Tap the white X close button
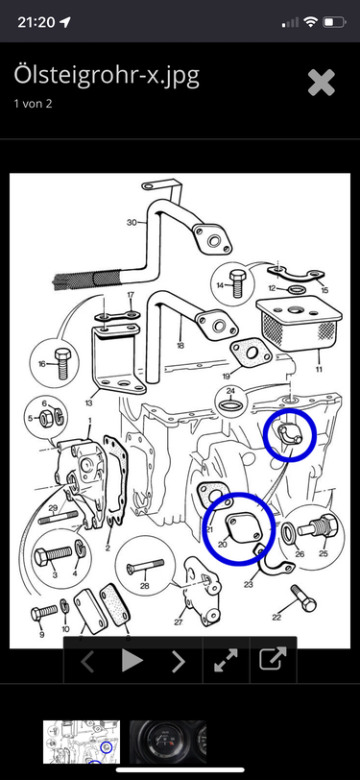(x=322, y=83)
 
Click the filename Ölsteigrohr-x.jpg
(x=107, y=76)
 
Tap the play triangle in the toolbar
(x=132, y=661)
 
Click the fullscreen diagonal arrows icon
(x=226, y=661)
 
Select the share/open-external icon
(x=273, y=659)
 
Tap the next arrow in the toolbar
(x=178, y=661)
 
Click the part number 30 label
(x=132, y=222)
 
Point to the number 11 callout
(x=318, y=369)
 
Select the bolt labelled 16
(x=62, y=364)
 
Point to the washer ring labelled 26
(x=289, y=532)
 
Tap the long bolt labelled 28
(x=145, y=567)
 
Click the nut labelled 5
(x=44, y=419)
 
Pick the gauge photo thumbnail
(x=168, y=742)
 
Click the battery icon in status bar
(x=334, y=22)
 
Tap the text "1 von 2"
(x=33, y=104)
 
